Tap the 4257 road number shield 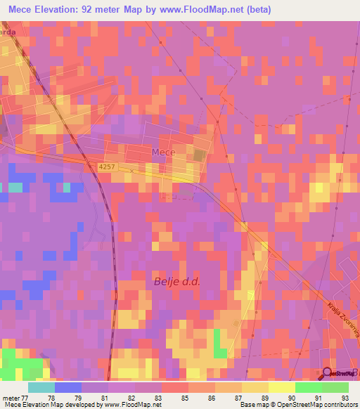107,167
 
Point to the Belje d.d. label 177,282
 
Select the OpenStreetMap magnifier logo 328,373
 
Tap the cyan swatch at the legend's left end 41,387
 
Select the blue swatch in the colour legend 68,387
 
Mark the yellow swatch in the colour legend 282,387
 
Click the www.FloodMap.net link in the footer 133,405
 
